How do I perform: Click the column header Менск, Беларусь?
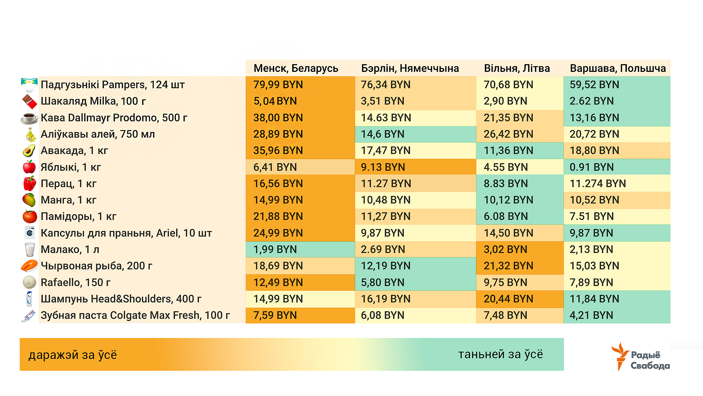click(296, 68)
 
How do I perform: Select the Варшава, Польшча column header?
click(618, 68)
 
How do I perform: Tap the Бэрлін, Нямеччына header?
click(410, 68)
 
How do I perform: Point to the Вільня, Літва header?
click(517, 68)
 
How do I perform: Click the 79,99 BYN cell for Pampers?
click(278, 85)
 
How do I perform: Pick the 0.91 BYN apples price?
click(591, 167)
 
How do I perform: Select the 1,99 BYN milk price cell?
click(275, 249)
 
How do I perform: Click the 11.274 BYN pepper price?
click(598, 183)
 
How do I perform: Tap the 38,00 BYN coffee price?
click(278, 118)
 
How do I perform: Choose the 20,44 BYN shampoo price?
click(508, 299)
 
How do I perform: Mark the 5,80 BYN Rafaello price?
click(383, 282)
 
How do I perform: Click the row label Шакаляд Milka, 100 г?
click(93, 101)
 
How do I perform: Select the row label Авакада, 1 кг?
click(74, 151)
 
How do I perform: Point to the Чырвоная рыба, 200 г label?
click(96, 266)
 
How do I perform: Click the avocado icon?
click(29, 151)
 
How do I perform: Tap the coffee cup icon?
click(29, 118)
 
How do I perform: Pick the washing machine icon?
click(29, 233)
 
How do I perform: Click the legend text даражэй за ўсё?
click(72, 355)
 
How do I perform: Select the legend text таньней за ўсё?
click(500, 355)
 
